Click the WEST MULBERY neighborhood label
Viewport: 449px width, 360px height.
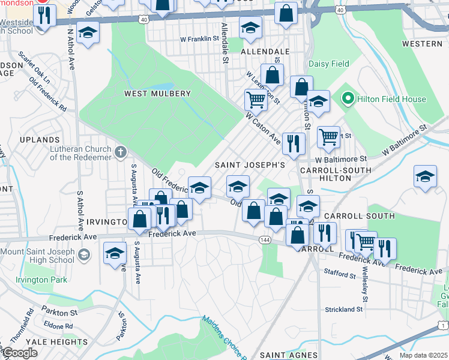pos(157,94)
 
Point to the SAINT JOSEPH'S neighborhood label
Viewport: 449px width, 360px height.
pos(250,164)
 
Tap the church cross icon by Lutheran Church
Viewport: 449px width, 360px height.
pos(121,152)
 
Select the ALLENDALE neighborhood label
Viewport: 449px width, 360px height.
pos(265,52)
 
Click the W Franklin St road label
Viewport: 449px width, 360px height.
pos(200,39)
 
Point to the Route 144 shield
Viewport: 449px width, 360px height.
pos(264,240)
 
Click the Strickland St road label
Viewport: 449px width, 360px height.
pos(344,310)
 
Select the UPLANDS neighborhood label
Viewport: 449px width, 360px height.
pos(40,139)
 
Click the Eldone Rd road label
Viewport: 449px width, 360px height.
pos(58,326)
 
